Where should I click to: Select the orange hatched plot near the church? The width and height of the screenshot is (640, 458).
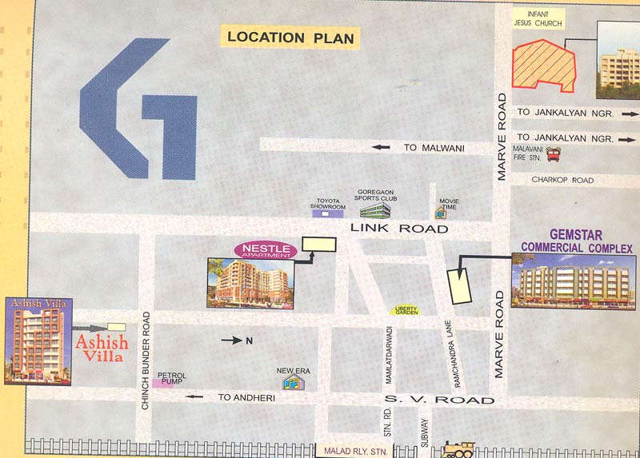point(545,64)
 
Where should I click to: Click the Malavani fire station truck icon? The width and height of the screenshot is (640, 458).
point(553,154)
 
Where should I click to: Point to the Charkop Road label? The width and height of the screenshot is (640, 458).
point(562,181)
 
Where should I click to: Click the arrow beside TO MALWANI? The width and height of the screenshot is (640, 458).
point(381,147)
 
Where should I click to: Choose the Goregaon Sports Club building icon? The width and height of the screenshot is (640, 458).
point(374,210)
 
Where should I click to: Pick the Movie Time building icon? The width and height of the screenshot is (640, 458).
point(441,212)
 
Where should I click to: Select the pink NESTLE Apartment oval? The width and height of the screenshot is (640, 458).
point(265,250)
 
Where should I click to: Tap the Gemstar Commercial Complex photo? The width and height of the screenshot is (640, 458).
point(573,281)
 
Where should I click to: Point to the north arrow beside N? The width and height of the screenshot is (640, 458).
point(233,341)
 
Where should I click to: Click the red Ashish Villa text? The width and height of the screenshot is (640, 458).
point(99,348)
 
